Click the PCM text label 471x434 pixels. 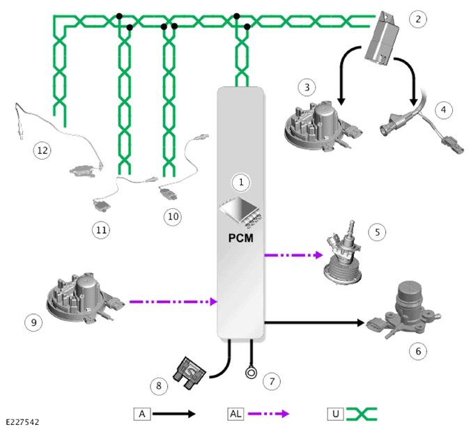[241, 238]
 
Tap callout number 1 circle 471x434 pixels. [241, 183]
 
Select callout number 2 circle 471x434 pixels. [418, 20]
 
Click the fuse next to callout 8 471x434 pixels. [189, 373]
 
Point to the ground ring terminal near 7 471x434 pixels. [251, 373]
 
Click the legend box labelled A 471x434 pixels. [142, 414]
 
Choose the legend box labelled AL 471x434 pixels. [235, 414]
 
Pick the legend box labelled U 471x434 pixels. [336, 414]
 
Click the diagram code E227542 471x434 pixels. [22, 422]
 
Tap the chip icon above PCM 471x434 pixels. [240, 212]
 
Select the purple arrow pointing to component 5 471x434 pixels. [294, 255]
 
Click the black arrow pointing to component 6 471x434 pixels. [314, 323]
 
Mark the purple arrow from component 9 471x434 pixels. [173, 302]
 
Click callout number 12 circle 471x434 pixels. [43, 150]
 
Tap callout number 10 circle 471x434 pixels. [173, 217]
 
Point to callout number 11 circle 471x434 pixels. [101, 230]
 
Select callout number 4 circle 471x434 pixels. [444, 110]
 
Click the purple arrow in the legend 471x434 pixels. [268, 414]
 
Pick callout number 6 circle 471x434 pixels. [418, 351]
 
